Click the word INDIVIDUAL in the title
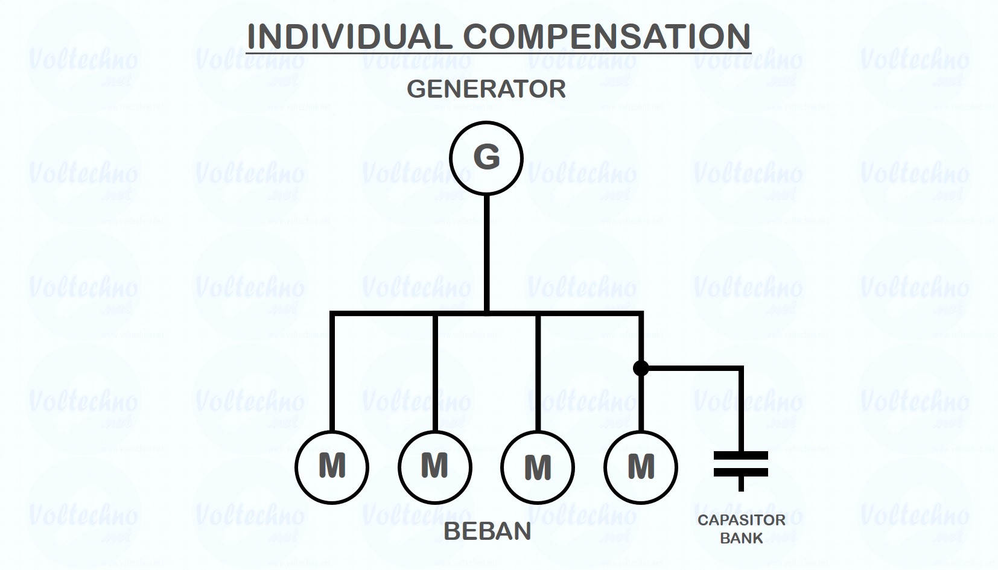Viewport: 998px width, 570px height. pyautogui.click(x=349, y=37)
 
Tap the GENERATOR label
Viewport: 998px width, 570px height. pyautogui.click(x=486, y=89)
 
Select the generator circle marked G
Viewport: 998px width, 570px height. pyautogui.click(x=486, y=158)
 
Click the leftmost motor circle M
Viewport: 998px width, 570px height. pyautogui.click(x=332, y=467)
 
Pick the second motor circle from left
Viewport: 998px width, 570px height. pyautogui.click(x=434, y=467)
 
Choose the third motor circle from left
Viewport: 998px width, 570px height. pyautogui.click(x=538, y=467)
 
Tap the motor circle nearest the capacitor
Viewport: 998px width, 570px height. pyautogui.click(x=641, y=467)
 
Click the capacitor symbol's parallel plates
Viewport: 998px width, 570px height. pyautogui.click(x=741, y=463)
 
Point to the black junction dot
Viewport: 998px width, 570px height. pyautogui.click(x=641, y=367)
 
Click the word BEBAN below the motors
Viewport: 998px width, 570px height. pyautogui.click(x=487, y=531)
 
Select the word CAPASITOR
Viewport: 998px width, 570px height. pyautogui.click(x=742, y=520)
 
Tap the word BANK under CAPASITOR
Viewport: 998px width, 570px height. pyautogui.click(x=742, y=538)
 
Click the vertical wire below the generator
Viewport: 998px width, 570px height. pyautogui.click(x=486, y=253)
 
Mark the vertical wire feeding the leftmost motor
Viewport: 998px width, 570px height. pyautogui.click(x=332, y=374)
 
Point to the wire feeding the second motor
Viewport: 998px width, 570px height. pyautogui.click(x=434, y=374)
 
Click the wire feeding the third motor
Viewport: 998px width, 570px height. pyautogui.click(x=538, y=374)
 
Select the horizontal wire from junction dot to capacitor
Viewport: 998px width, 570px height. pyautogui.click(x=694, y=367)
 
